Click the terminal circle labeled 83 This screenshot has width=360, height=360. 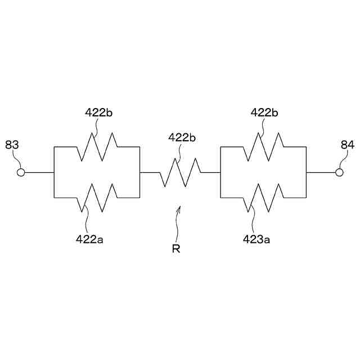coord(21,173)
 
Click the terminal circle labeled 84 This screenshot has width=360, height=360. coord(339,173)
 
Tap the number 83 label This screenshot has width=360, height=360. coord(12,145)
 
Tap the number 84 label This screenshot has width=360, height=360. coord(347,145)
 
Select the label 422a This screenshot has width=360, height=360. coord(89,238)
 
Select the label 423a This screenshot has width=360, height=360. coord(256,238)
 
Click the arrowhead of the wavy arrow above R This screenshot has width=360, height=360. coord(179,208)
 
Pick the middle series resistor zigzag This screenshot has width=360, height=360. coord(179,173)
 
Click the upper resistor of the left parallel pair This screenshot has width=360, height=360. coord(96,146)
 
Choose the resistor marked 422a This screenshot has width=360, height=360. coord(96,198)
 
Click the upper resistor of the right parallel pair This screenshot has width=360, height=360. coord(263,146)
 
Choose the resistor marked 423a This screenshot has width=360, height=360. coord(263,198)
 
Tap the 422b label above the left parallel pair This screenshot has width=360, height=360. coord(99,112)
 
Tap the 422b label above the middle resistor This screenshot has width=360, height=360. coord(182,137)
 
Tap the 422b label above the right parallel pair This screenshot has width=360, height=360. coord(264,112)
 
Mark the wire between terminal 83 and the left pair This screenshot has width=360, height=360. coord(39,173)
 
